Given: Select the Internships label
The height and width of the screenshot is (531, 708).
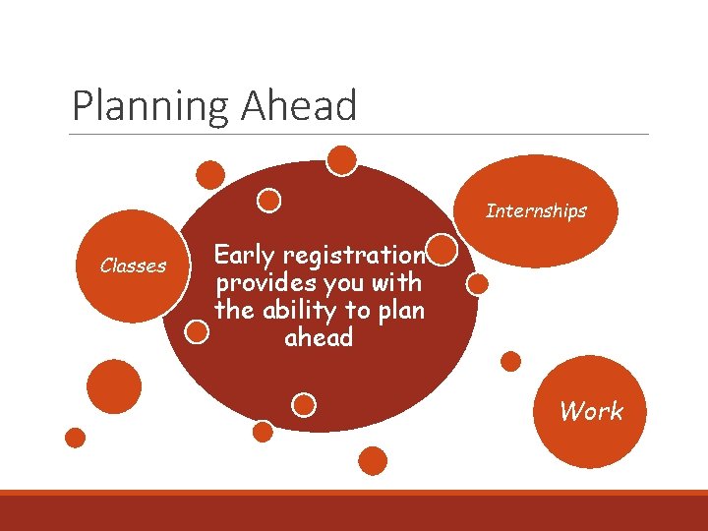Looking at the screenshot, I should pos(536,210).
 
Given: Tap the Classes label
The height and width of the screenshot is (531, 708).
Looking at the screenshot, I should pos(133,265).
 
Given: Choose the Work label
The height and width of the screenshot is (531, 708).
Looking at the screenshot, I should pos(591,411).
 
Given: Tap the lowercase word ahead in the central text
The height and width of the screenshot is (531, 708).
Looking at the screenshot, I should pos(318,338).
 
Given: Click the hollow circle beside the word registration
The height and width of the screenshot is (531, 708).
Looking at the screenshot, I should pos(443,250).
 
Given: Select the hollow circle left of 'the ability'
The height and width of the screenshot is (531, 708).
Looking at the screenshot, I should pos(198,331).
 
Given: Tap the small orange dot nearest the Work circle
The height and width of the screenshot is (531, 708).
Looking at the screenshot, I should pos(510,361).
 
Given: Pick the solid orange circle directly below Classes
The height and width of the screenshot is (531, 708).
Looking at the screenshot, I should pos(114,386).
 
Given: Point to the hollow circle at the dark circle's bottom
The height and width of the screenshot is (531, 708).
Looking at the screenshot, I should pos(305,404).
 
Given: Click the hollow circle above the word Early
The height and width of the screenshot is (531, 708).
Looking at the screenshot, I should pos(268,201).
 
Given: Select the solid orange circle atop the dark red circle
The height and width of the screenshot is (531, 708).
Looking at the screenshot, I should pos(341,160).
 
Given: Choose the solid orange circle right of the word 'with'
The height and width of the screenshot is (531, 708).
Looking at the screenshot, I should pos(477,284).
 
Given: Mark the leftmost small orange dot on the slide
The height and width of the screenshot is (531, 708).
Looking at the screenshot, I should pos(75,438).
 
